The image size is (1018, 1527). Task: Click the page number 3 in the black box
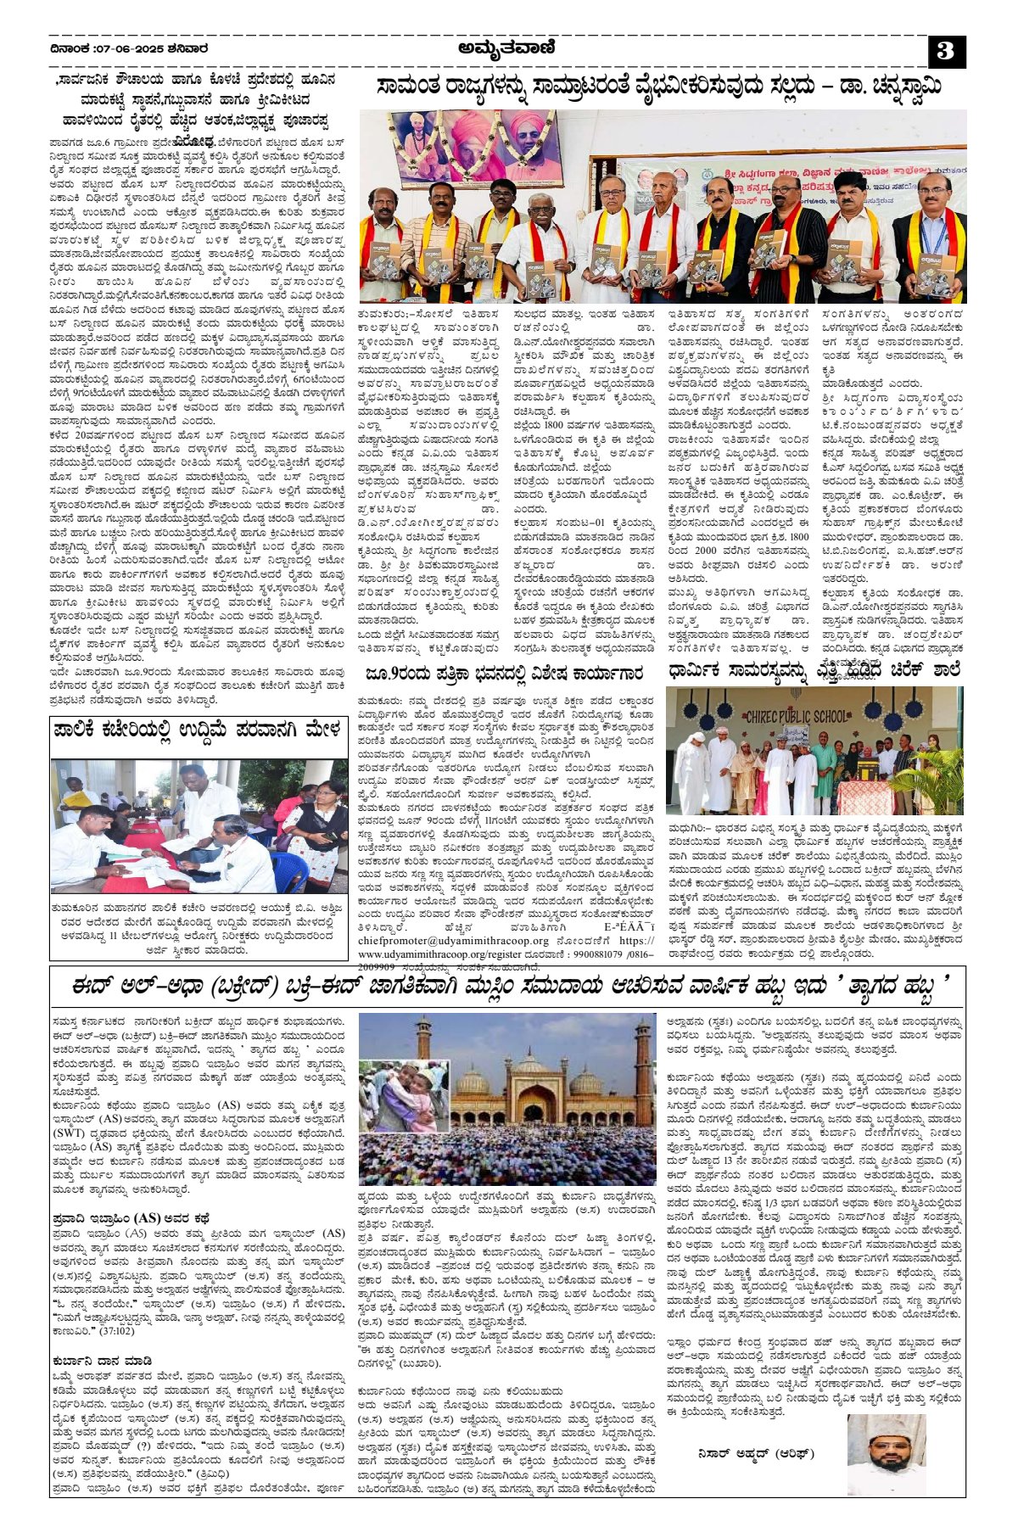point(946,53)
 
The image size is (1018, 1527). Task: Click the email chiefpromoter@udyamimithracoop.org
point(453,941)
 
